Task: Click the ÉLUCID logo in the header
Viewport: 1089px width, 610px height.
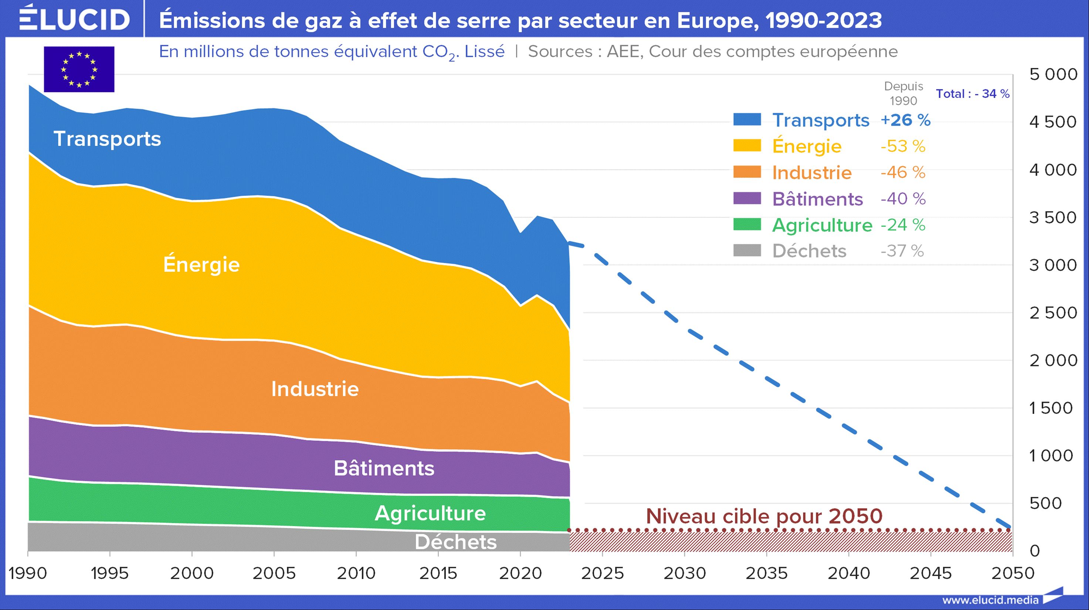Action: [x=74, y=18]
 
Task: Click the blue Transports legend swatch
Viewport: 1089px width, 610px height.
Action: [x=747, y=120]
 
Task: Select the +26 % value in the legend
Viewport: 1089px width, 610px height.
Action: [x=905, y=120]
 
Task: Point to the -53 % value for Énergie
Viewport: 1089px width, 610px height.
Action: [x=903, y=146]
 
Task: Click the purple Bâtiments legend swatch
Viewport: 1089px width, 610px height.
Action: [x=747, y=198]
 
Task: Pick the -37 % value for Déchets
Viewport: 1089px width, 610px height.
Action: [x=902, y=251]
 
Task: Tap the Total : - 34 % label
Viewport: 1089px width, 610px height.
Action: [x=972, y=94]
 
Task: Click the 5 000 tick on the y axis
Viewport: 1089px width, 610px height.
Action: [x=1053, y=74]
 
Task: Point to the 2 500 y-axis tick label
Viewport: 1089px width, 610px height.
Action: [x=1053, y=313]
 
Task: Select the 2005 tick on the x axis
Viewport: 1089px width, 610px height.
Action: [x=274, y=573]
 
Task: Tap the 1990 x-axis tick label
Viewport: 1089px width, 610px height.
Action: [x=28, y=573]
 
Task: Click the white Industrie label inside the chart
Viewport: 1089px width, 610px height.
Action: [x=315, y=389]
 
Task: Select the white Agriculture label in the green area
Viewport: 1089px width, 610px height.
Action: [x=430, y=513]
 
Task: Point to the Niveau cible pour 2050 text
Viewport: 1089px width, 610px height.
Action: [x=764, y=516]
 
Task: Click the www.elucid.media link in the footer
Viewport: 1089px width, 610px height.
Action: [x=990, y=600]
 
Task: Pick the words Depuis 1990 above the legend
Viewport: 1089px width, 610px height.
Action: [x=903, y=93]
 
